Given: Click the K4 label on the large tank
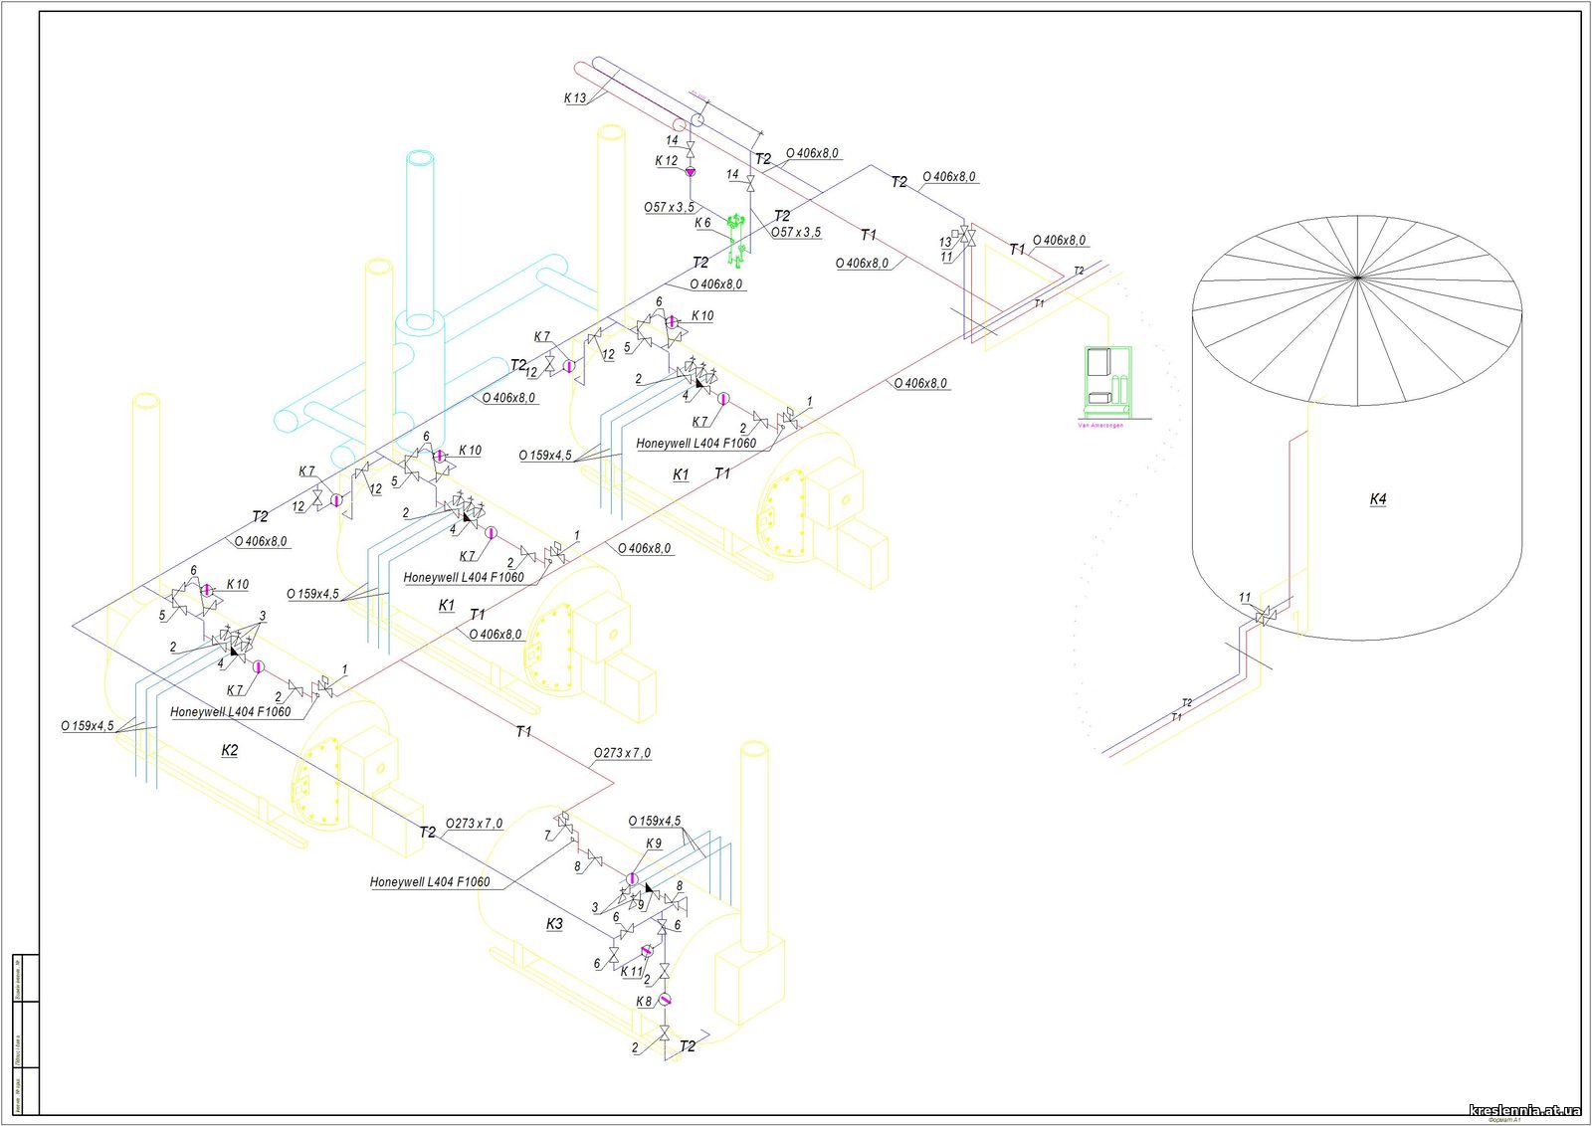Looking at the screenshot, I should click(1377, 499).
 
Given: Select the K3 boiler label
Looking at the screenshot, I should click(554, 924).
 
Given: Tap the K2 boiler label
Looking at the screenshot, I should click(230, 750).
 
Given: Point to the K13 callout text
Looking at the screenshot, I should click(575, 98).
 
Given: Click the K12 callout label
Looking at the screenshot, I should click(666, 161).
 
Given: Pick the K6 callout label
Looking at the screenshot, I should click(702, 224).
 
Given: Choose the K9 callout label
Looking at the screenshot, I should click(654, 844).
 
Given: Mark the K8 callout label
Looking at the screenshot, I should click(644, 1002).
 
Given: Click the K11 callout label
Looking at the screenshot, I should click(631, 972).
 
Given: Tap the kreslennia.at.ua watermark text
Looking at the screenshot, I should click(1524, 1110).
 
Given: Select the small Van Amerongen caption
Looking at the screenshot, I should click(1100, 425).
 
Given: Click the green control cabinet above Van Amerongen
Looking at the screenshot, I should click(1106, 378).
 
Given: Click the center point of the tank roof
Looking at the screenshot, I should click(1359, 276).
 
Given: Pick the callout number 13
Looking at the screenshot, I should click(945, 243).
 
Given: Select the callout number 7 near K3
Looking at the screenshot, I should click(547, 836).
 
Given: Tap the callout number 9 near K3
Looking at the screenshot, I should click(642, 905).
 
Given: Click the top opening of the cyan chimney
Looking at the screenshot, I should click(420, 159).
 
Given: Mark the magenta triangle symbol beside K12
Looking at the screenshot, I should click(691, 172).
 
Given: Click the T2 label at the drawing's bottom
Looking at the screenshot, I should click(688, 1046).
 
